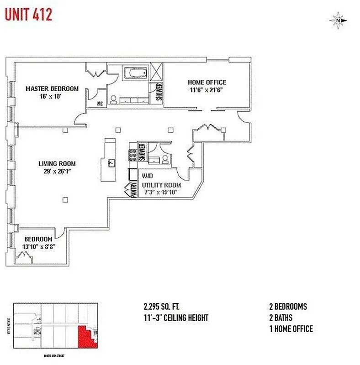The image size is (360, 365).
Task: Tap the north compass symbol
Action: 338,20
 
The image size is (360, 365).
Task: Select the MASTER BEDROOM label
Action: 52,89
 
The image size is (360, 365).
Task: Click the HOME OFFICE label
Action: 207,83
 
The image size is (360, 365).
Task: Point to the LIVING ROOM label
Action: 57,164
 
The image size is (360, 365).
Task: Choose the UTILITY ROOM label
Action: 161,185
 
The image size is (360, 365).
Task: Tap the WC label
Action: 100,103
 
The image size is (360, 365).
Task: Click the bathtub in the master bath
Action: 135,73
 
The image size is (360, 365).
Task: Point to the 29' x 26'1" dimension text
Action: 57,172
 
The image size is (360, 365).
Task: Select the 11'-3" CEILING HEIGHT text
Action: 176,318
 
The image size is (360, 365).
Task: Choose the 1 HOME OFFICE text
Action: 291,329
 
